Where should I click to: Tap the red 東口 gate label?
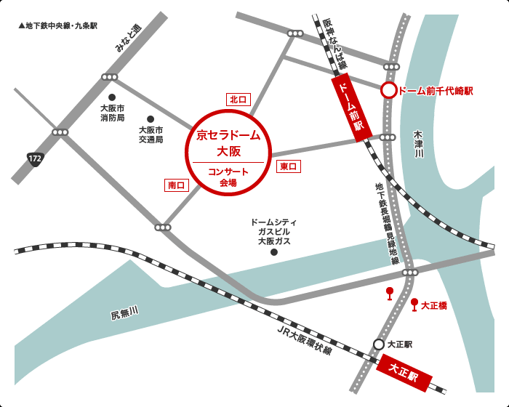click(289, 166)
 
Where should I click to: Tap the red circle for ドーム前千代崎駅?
click(389, 90)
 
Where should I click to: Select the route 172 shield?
click(35, 158)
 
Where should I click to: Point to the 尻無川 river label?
click(124, 313)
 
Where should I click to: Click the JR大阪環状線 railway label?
click(305, 339)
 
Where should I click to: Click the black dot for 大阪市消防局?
click(112, 97)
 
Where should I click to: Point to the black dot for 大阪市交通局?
click(151, 118)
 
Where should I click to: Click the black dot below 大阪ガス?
click(274, 252)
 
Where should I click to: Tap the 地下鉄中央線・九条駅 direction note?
click(57, 25)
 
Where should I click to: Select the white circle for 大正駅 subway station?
click(379, 344)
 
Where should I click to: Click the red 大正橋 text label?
click(434, 307)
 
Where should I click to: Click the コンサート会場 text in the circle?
click(228, 177)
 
